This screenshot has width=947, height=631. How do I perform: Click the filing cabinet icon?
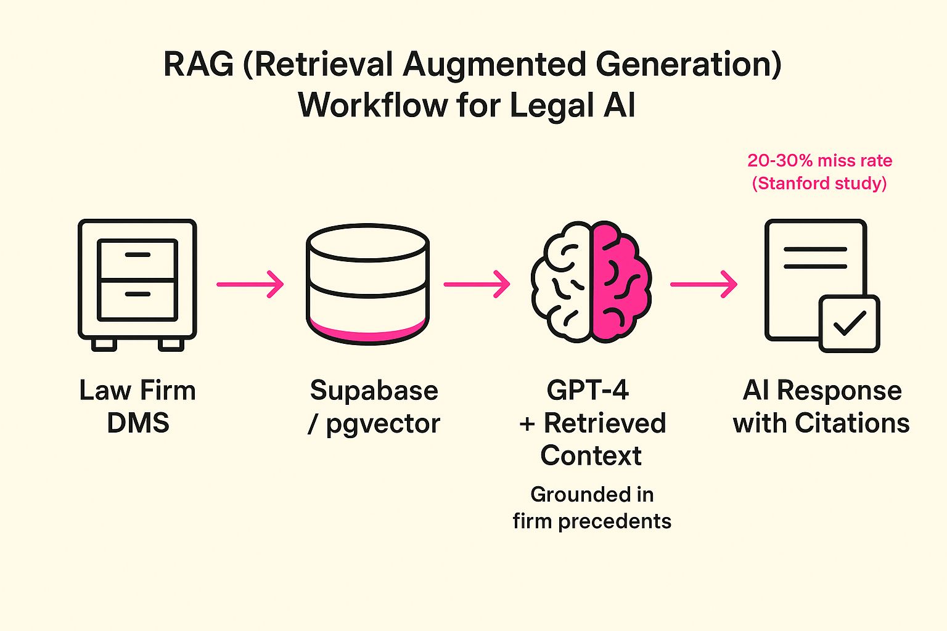(137, 283)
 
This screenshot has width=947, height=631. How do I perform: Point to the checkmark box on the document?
(849, 324)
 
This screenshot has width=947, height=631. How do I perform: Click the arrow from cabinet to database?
(250, 284)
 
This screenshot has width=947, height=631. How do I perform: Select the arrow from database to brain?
(477, 284)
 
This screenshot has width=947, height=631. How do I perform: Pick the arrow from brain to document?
(703, 284)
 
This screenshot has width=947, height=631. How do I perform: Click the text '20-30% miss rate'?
(819, 161)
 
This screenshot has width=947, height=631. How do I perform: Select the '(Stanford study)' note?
(819, 184)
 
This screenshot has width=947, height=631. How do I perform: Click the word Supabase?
(374, 391)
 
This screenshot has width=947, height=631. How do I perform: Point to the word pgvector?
(383, 424)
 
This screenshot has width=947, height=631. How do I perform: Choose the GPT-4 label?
(588, 390)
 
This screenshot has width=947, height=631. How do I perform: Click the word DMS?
(138, 423)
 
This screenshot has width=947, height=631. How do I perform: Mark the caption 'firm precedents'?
(592, 521)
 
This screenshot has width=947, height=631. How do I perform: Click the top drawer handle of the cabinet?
(137, 254)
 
